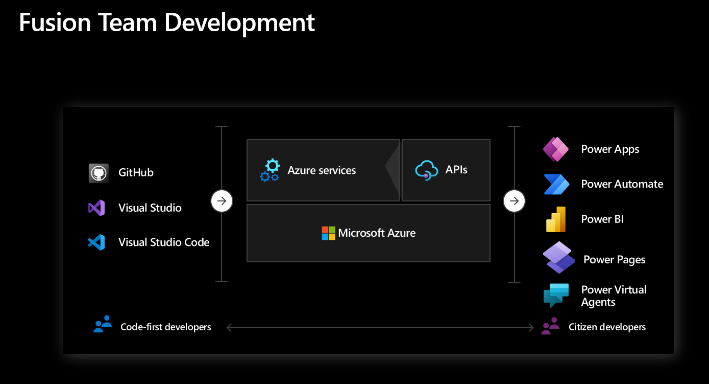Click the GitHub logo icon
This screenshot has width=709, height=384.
pos(99,173)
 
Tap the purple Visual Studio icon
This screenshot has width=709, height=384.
pos(96,208)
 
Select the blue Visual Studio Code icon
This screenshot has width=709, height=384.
pos(96,242)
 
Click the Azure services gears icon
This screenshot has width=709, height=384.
pos(270,170)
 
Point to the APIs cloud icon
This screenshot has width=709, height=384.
pos(427,170)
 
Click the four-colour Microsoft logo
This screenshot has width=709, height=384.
pos(328,233)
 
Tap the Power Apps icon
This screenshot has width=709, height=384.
pos(555,149)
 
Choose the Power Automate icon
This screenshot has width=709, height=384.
pos(556,184)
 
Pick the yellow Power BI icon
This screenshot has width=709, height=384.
pos(556,219)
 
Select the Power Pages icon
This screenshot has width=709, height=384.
pos(558,257)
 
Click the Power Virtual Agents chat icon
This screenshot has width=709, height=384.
pos(555,295)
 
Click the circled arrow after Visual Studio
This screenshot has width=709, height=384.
pos(222,201)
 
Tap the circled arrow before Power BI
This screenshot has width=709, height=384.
pos(514,201)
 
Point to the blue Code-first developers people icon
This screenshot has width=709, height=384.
pos(103,325)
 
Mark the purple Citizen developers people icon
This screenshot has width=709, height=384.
pos(550,326)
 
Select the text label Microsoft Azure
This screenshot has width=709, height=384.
pos(377,233)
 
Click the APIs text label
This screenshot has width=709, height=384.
pos(456,170)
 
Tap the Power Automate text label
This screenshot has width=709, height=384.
pos(622,184)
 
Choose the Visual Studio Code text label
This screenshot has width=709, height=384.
pos(164,242)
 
